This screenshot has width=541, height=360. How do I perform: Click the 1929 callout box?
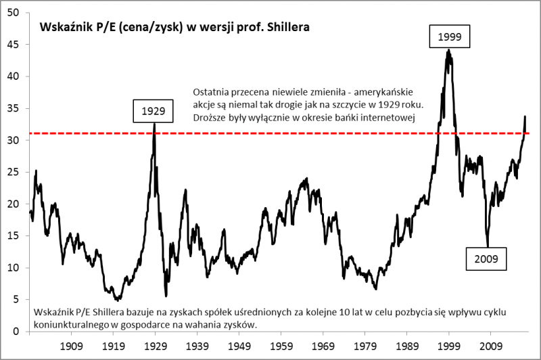154,109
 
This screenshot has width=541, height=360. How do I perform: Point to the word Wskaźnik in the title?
62,30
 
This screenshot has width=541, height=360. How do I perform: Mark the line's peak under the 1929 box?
155,123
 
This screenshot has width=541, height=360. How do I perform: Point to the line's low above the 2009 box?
487,246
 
